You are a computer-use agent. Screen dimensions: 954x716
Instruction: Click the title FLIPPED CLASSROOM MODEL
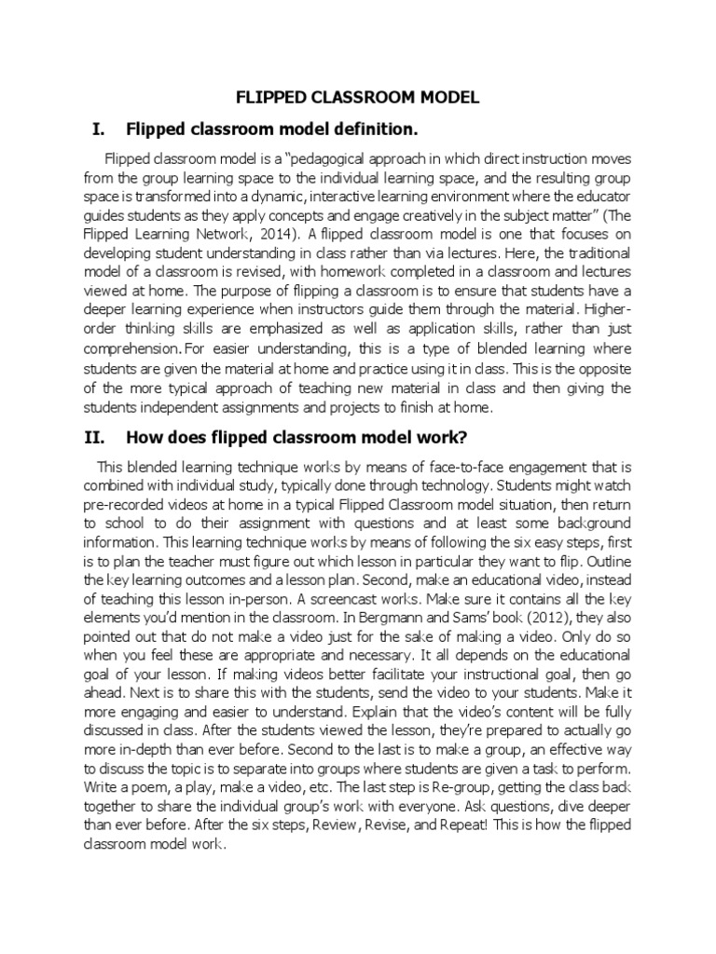click(358, 97)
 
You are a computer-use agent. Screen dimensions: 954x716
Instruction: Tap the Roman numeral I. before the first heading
click(92, 127)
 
